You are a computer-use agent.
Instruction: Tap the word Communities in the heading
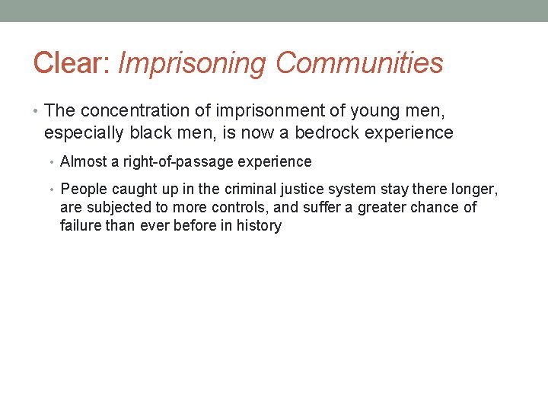[x=359, y=63]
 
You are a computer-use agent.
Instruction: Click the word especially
[x=84, y=133]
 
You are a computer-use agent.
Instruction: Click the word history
[x=259, y=225]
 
